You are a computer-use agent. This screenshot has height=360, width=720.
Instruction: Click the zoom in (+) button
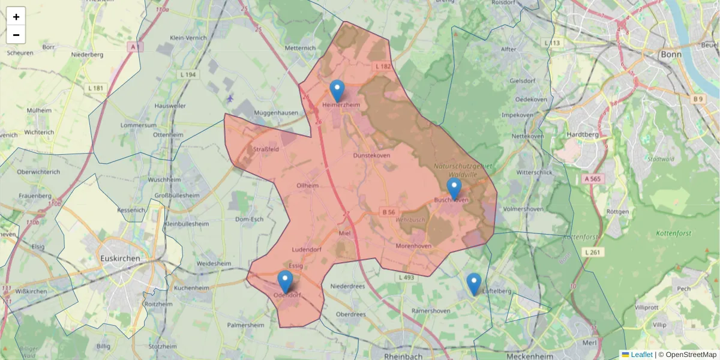coord(16,17)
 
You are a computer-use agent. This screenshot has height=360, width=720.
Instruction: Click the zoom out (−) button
coord(16,35)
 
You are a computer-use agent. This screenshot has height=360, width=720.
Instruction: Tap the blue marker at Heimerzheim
coord(337,91)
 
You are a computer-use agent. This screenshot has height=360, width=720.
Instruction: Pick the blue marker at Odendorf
coord(285,281)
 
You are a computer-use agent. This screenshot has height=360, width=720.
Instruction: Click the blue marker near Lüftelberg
coord(474,284)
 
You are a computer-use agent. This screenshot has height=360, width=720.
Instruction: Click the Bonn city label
coord(670,54)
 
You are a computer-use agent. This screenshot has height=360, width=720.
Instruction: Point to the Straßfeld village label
coord(266,149)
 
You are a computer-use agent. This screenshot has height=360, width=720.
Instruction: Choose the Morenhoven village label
coord(414,246)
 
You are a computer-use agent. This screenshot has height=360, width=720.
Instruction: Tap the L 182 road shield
coord(382,66)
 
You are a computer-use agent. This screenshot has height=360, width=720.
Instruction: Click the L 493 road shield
coord(406,277)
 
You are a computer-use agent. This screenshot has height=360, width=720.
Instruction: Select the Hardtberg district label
coord(582,135)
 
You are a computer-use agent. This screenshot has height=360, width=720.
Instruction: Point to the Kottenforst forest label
coord(674,233)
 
